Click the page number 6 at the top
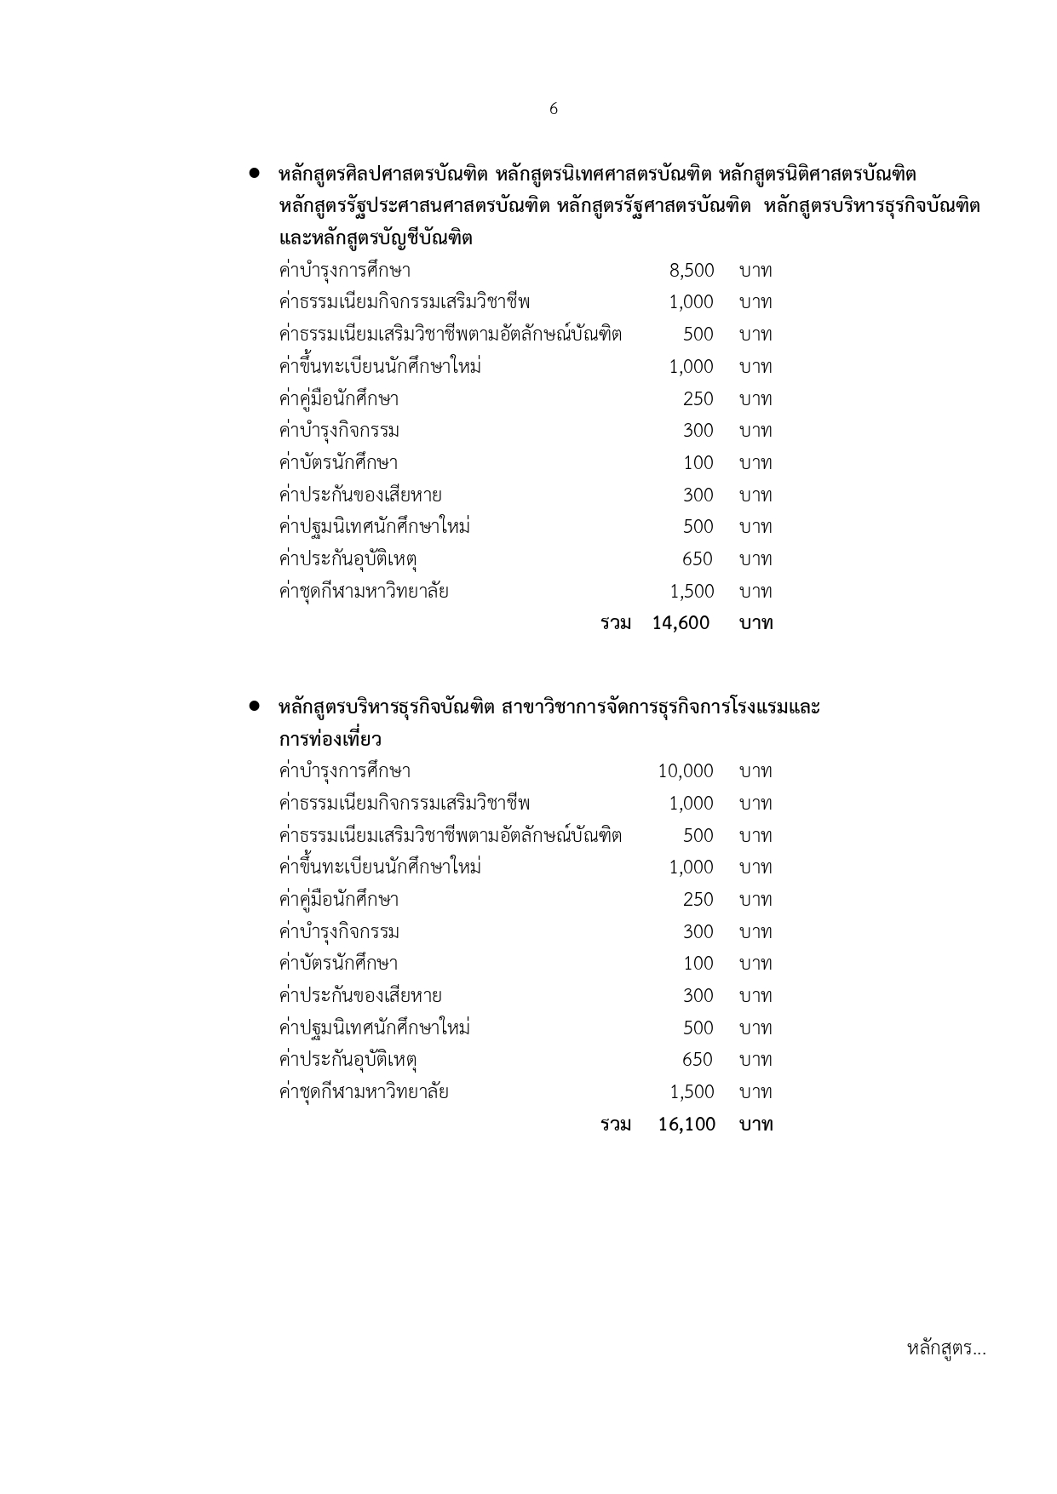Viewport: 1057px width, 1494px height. coord(554,109)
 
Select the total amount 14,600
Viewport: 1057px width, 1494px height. coord(681,623)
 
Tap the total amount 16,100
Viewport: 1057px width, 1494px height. coord(686,1125)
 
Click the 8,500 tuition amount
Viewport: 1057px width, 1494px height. coord(692,271)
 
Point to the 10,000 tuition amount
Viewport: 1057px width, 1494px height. coord(686,771)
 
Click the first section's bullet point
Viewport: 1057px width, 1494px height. coord(254,174)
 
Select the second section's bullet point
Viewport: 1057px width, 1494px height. coord(254,707)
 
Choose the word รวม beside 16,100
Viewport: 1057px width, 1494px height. coord(616,1125)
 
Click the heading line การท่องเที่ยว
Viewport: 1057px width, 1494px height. coord(330,739)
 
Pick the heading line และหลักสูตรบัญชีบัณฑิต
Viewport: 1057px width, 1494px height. coord(376,238)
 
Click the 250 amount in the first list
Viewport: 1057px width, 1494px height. coord(698,398)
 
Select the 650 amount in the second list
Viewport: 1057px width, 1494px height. coord(698,1060)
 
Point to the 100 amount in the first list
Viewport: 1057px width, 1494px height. coord(698,463)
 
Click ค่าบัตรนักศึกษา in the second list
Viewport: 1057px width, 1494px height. coord(338,964)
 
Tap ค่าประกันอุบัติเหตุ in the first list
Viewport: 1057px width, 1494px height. coord(348,559)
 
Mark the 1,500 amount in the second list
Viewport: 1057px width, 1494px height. coord(692,1092)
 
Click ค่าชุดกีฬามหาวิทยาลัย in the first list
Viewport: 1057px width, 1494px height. coord(364,592)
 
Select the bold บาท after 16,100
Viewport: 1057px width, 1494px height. coord(755,1125)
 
